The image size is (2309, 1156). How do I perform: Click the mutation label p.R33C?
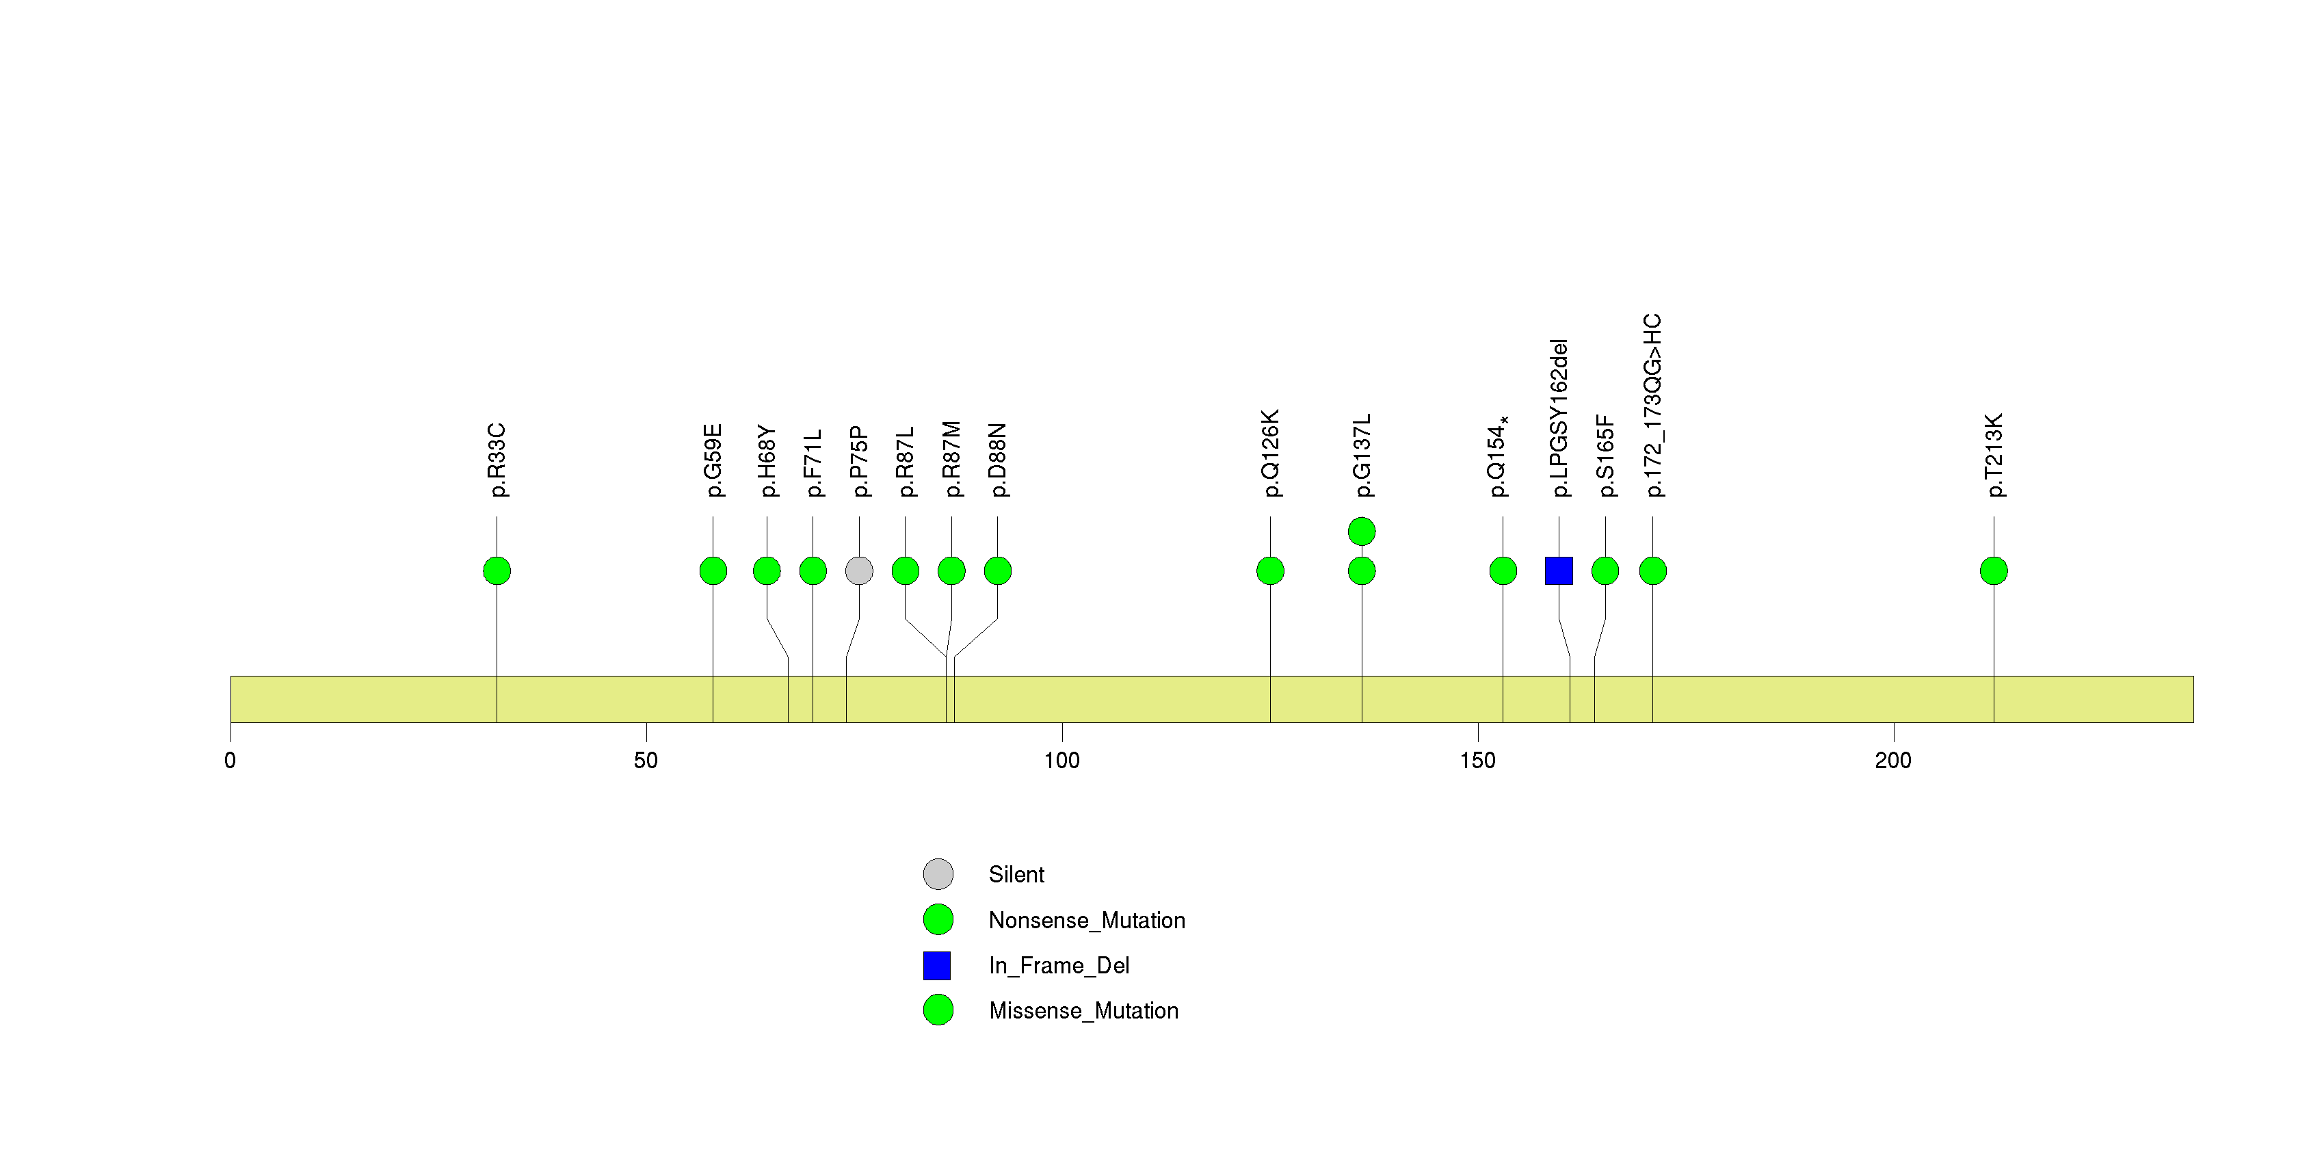click(x=497, y=460)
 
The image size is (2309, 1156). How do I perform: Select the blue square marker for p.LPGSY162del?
click(x=1559, y=571)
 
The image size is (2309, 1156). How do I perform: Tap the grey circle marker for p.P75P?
click(x=859, y=571)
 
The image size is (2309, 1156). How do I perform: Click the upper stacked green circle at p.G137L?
click(x=1362, y=531)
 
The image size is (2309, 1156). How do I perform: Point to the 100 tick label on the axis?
click(x=1061, y=761)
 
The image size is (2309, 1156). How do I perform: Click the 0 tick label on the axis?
click(x=230, y=761)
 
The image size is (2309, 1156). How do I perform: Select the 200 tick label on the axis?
click(x=1893, y=761)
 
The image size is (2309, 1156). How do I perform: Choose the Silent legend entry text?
click(x=1016, y=875)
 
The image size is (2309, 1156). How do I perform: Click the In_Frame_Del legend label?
click(x=1059, y=965)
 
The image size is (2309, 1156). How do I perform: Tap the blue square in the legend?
click(x=937, y=965)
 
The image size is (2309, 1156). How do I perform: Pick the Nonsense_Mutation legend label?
click(x=1086, y=920)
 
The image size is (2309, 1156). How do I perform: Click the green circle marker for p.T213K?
click(x=1994, y=571)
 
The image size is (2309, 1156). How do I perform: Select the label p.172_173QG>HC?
click(x=1653, y=405)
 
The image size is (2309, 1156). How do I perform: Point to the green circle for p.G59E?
click(x=713, y=571)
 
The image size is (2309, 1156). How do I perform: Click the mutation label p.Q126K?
click(x=1270, y=454)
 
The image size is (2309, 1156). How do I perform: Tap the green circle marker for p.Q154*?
click(x=1503, y=571)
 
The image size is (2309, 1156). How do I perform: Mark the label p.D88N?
click(x=998, y=460)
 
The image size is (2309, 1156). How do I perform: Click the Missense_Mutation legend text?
click(x=1083, y=1011)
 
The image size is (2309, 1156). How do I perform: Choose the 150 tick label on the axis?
click(x=1477, y=761)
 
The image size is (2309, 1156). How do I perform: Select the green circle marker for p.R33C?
click(x=497, y=571)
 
